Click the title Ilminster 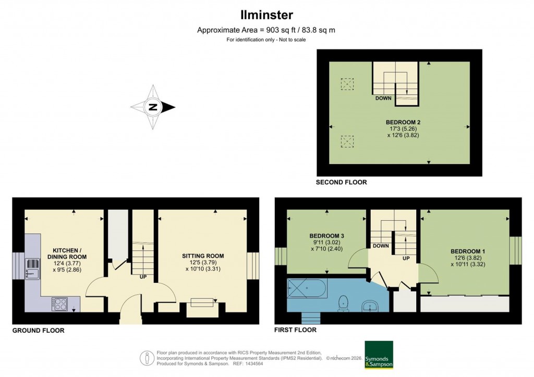pyautogui.click(x=266, y=15)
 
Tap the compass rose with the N pyautogui.click(x=153, y=107)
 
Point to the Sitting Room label pyautogui.click(x=203, y=256)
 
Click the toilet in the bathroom pyautogui.click(x=344, y=303)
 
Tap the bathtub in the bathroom pyautogui.click(x=307, y=287)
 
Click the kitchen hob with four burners pyautogui.click(x=59, y=304)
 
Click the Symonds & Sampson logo pyautogui.click(x=378, y=355)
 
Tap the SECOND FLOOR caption pyautogui.click(x=342, y=182)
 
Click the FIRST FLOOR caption pyautogui.click(x=295, y=330)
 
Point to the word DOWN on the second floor pyautogui.click(x=383, y=97)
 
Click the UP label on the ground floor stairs pyautogui.click(x=142, y=277)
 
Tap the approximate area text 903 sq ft pyautogui.click(x=266, y=30)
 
